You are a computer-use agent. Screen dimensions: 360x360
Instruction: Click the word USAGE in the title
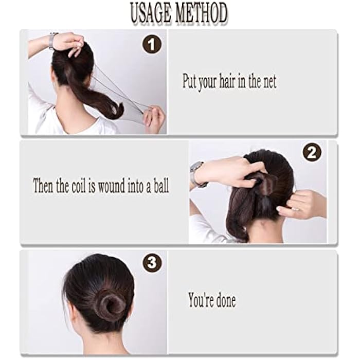(150, 13)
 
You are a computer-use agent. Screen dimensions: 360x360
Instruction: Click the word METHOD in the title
(201, 13)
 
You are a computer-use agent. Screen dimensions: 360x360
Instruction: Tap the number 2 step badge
(312, 152)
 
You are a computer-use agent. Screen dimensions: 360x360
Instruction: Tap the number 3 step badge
(152, 263)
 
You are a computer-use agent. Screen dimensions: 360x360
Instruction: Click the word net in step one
(267, 82)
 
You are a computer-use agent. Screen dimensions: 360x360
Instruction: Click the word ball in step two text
(159, 186)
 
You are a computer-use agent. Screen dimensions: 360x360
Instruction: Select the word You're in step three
(199, 300)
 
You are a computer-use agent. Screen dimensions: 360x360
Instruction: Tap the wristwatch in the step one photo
(52, 40)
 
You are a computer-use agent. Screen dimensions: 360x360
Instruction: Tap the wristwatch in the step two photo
(196, 174)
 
